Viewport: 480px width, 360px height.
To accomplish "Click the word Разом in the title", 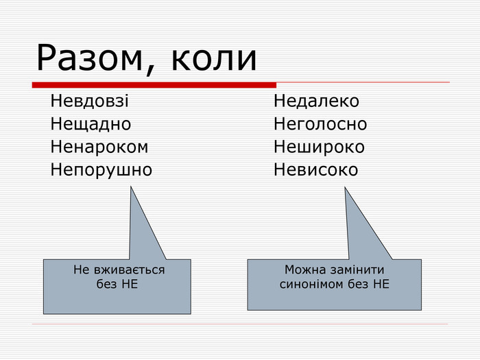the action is coord(89,58).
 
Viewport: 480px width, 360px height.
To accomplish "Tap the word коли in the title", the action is coord(214,58).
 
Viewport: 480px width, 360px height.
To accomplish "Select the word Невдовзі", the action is coord(89,101).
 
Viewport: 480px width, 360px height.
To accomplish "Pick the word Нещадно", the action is coord(91,124).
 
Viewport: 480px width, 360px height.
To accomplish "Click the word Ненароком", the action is coord(99,147).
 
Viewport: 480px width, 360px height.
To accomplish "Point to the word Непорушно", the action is coord(101,170).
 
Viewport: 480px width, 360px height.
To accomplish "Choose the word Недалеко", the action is coord(316,101).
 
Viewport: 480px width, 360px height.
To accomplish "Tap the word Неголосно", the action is coord(320,123).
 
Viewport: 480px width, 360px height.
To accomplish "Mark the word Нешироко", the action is coord(319,147).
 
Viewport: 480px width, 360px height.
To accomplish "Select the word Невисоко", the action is coord(315,169).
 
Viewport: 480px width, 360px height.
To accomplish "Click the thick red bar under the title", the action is coord(154,85).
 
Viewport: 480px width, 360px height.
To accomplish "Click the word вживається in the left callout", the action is coord(129,269).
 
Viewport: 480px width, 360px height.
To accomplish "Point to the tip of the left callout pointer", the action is coord(131,187).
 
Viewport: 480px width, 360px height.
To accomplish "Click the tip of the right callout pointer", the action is coord(345,188).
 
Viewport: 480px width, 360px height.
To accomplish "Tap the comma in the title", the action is coord(149,70).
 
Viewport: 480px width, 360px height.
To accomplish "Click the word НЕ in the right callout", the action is coord(381,284).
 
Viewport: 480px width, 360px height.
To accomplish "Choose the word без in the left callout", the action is coord(106,284).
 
